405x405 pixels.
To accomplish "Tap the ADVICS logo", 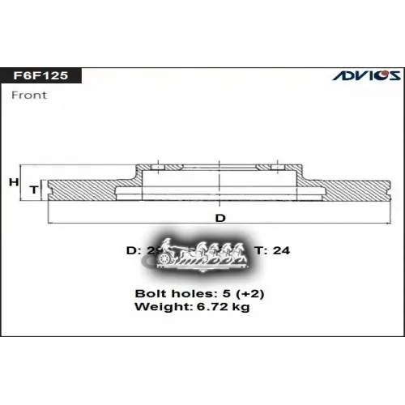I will coord(365,75).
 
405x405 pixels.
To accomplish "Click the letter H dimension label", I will coord(13,182).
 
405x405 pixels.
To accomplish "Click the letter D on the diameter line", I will coord(220,219).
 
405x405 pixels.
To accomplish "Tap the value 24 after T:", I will coord(282,250).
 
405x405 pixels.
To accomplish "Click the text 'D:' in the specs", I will coord(134,250).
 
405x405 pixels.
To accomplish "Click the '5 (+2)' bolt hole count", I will coord(230,292).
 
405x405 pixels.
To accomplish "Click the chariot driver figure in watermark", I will coord(166,245).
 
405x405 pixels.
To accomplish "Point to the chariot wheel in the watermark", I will coord(168,258).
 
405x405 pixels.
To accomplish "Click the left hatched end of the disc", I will coord(81,190).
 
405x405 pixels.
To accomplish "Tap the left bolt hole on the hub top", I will coord(157,166).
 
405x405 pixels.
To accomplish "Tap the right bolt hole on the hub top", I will coord(271,166).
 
